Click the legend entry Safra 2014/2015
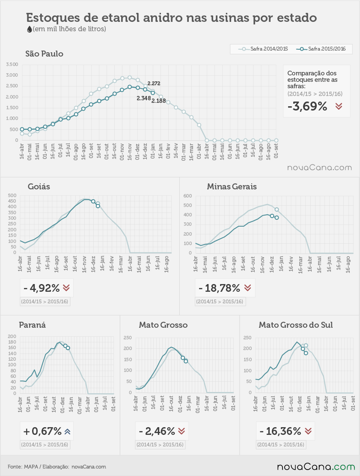(263, 49)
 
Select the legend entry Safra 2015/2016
(321, 49)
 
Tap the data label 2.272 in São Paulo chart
(154, 84)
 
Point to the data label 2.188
(159, 101)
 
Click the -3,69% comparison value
(307, 106)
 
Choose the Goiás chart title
(39, 186)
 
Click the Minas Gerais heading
(232, 186)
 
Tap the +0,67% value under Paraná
(42, 431)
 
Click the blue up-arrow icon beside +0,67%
(67, 431)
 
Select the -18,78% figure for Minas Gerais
(219, 288)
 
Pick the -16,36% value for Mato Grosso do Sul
(280, 431)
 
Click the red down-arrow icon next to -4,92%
(66, 288)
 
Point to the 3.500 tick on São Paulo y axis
(12, 64)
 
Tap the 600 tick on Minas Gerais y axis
(188, 196)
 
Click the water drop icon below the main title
(30, 29)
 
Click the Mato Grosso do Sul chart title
(296, 325)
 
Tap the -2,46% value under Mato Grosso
(157, 431)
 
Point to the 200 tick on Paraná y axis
(12, 336)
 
